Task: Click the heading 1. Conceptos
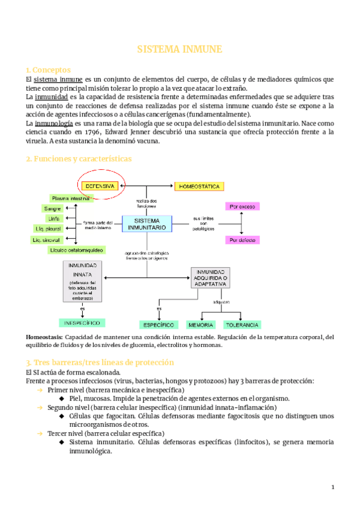(x=48, y=70)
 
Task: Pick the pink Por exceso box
(x=243, y=206)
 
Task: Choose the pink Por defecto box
(x=243, y=240)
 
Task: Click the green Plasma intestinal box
(x=71, y=198)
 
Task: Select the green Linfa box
(x=54, y=218)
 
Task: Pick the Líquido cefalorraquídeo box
(x=76, y=250)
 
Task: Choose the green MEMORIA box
(x=201, y=324)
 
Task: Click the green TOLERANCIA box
(x=242, y=324)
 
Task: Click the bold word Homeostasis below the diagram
(x=43, y=337)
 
